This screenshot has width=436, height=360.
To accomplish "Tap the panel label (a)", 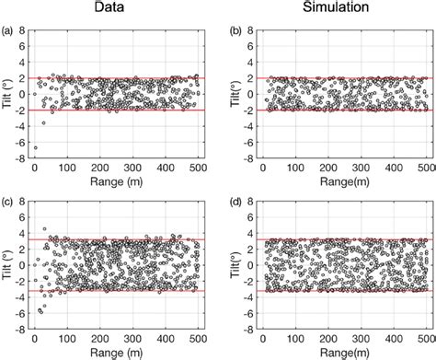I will coord(7,29).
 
